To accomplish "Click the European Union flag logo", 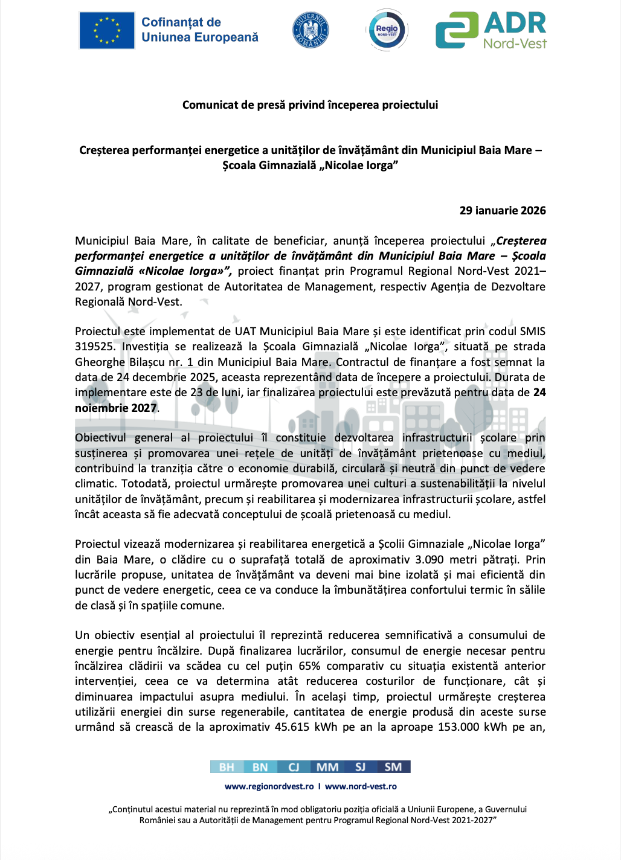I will point(107,30).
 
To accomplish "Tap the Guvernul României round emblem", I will point(310,30).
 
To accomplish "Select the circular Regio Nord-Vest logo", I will point(387,30).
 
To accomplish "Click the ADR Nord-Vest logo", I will point(491,30).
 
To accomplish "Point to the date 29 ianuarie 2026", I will point(503,211).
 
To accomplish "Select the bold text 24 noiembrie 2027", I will point(116,408).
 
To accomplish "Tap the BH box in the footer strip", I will point(227,767).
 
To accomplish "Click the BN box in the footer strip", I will point(260,767).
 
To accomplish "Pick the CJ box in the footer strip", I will point(294,767).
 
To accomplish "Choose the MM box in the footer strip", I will point(327,767).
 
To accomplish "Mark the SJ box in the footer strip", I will point(361,767).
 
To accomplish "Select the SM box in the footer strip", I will point(393,767).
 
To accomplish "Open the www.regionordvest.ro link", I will point(269,786).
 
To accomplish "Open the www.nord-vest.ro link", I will point(361,786).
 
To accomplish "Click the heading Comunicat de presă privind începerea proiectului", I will point(310,105).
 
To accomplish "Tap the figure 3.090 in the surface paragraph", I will point(431,560).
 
